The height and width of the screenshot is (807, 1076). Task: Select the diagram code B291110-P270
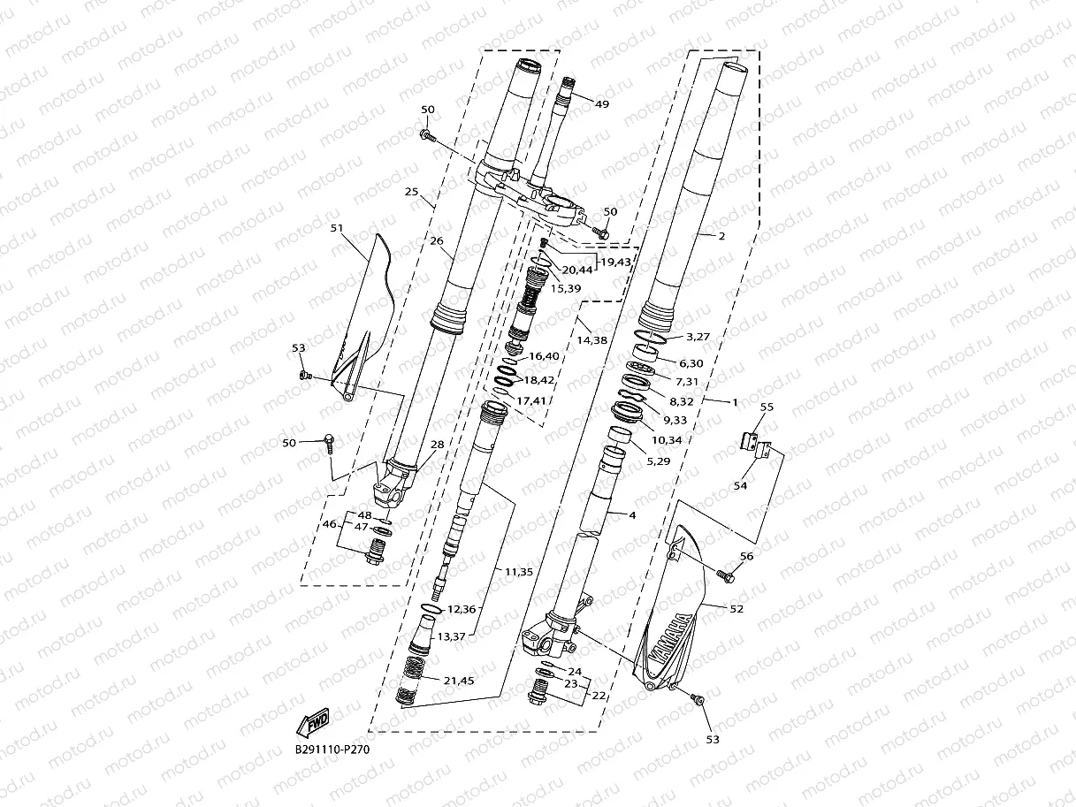(332, 750)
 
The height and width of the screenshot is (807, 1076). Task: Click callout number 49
(602, 104)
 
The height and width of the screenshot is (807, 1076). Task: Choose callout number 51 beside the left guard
(337, 228)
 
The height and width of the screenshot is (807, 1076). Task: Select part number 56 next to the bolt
(747, 556)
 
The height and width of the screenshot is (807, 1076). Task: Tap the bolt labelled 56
(728, 576)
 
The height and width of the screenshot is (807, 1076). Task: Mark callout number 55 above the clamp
(767, 407)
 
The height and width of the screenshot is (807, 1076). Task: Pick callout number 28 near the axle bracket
(437, 445)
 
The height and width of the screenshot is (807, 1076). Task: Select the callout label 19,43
(615, 262)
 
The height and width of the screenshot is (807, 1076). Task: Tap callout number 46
(329, 525)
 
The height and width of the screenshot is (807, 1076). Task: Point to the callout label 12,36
(462, 609)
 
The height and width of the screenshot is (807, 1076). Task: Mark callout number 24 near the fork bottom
(574, 671)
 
